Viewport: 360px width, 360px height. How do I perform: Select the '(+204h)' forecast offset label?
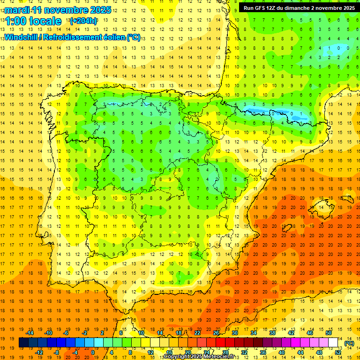pos(83,21)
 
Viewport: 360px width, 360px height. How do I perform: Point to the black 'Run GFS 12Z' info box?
pos(297,7)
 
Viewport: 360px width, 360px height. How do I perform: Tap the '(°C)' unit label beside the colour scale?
pos(349,343)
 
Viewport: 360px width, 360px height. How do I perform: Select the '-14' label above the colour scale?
pos(30,332)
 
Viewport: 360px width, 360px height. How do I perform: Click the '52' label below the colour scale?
pos(338,352)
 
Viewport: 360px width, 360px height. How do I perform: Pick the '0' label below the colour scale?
pos(92,352)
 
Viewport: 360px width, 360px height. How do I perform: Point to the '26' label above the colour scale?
pos(216,332)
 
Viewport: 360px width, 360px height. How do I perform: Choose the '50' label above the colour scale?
pos(329,332)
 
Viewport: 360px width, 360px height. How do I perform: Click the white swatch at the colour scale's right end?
pos(333,343)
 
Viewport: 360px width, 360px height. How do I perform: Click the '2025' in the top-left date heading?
pos(100,10)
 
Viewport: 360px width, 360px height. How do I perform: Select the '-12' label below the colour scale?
pos(39,352)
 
